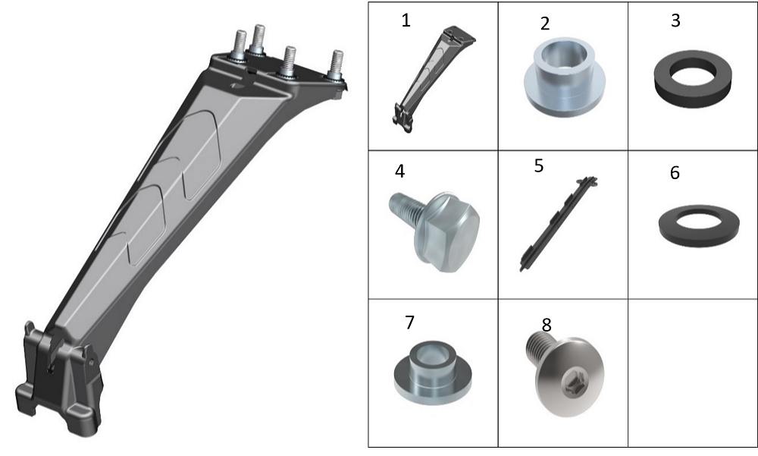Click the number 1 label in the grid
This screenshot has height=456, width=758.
tap(406, 20)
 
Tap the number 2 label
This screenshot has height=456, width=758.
tap(545, 24)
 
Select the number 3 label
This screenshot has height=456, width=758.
tap(675, 20)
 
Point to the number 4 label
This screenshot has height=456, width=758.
tap(399, 171)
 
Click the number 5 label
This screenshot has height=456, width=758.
tap(538, 166)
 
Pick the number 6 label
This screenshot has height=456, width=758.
tap(675, 173)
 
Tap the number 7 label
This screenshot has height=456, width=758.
tap(409, 322)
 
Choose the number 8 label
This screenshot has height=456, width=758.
tap(547, 325)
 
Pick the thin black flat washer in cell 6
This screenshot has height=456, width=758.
tap(699, 226)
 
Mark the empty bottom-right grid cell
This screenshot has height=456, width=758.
tap(692, 373)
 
